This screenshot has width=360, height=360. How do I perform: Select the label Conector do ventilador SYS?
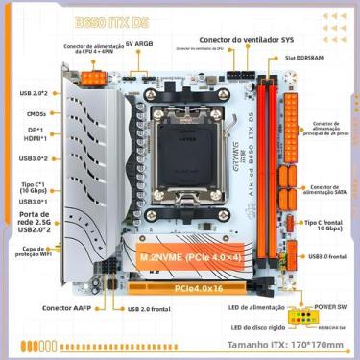(246, 40)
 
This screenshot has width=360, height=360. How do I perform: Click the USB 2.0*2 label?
(34, 94)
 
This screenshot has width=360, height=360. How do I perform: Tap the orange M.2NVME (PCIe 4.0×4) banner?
(184, 258)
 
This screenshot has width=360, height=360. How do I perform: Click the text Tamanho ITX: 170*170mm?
(286, 343)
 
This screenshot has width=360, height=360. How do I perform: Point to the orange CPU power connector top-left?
(93, 81)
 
